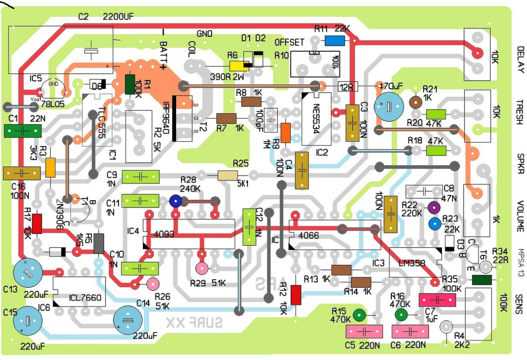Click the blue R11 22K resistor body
click(x=335, y=41)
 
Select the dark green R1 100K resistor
click(x=130, y=84)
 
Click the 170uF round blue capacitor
click(x=390, y=107)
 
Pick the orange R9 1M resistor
click(x=285, y=132)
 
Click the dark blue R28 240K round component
click(x=175, y=202)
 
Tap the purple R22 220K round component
click(x=434, y=207)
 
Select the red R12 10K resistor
click(x=296, y=294)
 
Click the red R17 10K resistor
click(x=37, y=224)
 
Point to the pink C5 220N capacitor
click(x=364, y=332)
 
